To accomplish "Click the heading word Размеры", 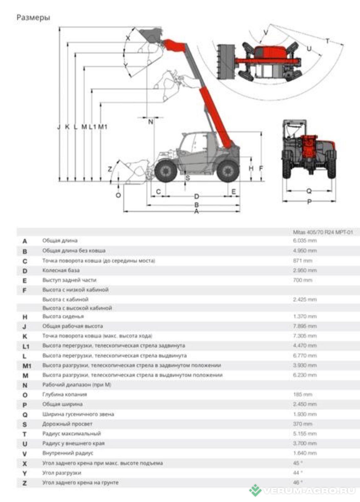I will click(33, 18).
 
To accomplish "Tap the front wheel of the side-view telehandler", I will click(166, 171).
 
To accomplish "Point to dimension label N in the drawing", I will click(151, 122).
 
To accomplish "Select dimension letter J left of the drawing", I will click(59, 127).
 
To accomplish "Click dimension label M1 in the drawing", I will click(103, 127).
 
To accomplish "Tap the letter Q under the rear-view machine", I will click(309, 191).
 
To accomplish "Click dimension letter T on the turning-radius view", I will click(327, 41).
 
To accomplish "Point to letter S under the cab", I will click(188, 178).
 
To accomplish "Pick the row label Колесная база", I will click(61, 270).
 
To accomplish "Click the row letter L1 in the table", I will click(26, 346).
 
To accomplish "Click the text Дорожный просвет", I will click(67, 424).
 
